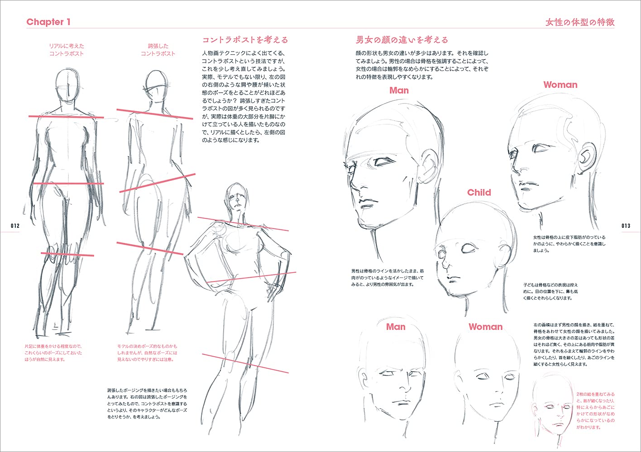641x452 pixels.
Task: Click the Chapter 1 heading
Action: tap(48, 22)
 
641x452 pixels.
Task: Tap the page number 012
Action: tap(15, 226)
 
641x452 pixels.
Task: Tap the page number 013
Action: tap(626, 226)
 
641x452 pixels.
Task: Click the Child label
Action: tap(479, 192)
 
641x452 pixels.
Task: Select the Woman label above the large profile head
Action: tap(560, 85)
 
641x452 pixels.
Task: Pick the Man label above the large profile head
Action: tap(399, 90)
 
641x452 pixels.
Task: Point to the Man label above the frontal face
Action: tap(396, 327)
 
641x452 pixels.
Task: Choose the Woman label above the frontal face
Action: tap(485, 327)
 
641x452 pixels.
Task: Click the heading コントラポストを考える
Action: tap(245, 40)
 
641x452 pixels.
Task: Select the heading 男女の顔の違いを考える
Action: tap(402, 40)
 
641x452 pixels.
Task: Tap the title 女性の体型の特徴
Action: tap(580, 22)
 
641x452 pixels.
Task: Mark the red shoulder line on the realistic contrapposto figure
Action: tap(66, 117)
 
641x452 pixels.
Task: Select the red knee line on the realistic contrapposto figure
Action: tap(67, 254)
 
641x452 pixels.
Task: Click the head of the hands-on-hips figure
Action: tap(236, 197)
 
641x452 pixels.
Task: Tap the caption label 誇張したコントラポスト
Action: tap(158, 50)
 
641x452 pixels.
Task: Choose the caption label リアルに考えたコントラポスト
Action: tap(67, 50)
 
